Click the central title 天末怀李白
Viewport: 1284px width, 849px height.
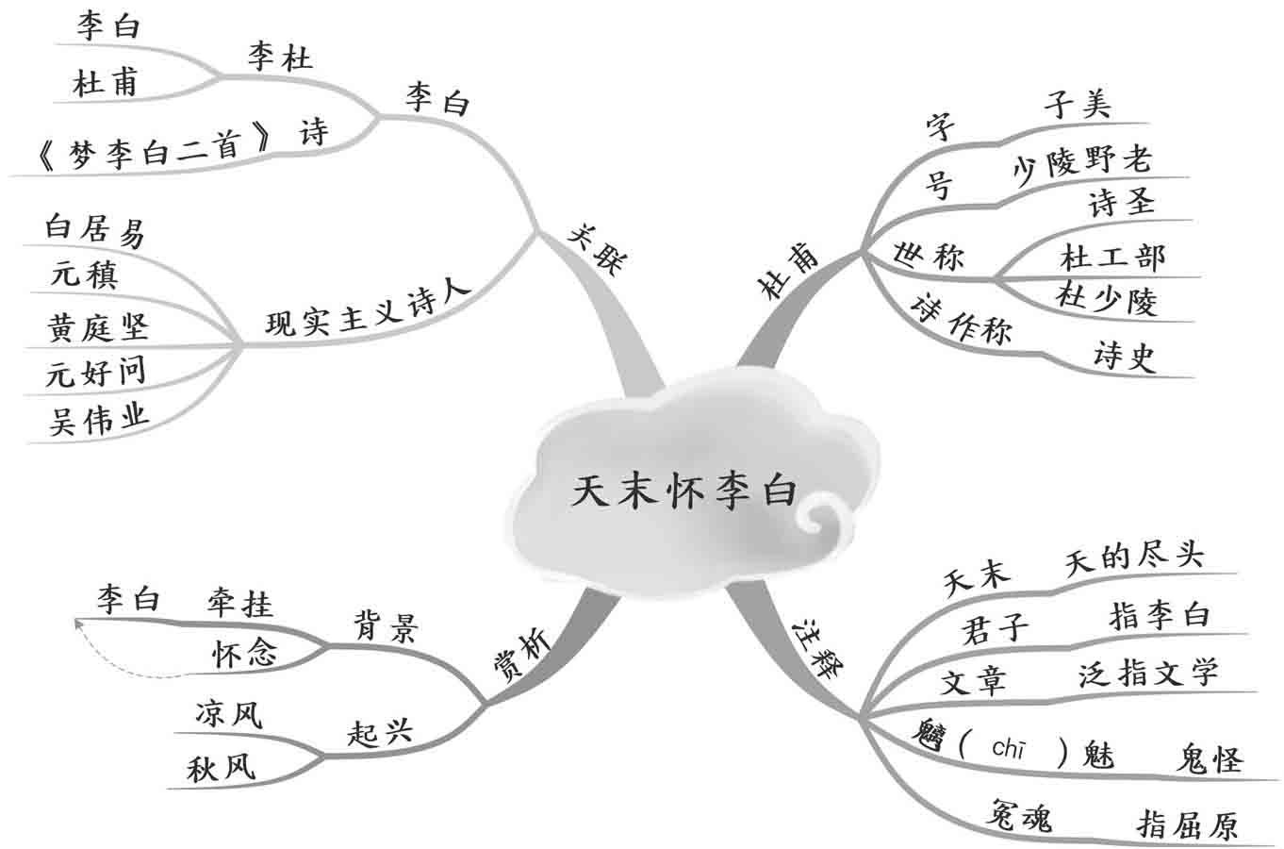click(684, 491)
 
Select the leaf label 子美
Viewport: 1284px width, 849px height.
click(1078, 104)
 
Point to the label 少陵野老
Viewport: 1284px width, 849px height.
click(1082, 162)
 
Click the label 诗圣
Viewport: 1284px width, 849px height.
click(1121, 203)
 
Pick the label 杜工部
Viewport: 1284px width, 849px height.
click(1112, 257)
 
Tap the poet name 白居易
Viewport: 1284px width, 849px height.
click(95, 230)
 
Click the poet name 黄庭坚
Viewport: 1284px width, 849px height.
click(98, 326)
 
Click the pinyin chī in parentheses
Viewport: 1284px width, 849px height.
click(1008, 750)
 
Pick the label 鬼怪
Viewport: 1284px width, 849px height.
click(1209, 758)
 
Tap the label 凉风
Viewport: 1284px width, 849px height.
click(228, 713)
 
